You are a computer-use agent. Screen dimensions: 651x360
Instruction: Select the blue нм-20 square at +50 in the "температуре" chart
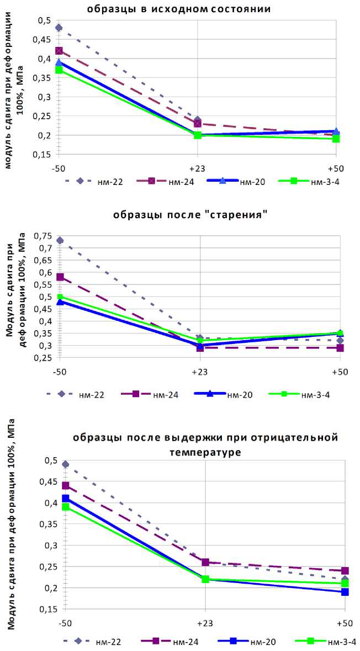point(345,592)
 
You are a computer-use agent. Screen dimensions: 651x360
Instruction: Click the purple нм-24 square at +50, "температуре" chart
point(345,570)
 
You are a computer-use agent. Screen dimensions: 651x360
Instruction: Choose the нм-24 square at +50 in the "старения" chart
point(340,348)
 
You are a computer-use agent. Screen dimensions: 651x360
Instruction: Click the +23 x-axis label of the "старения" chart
point(199,372)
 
